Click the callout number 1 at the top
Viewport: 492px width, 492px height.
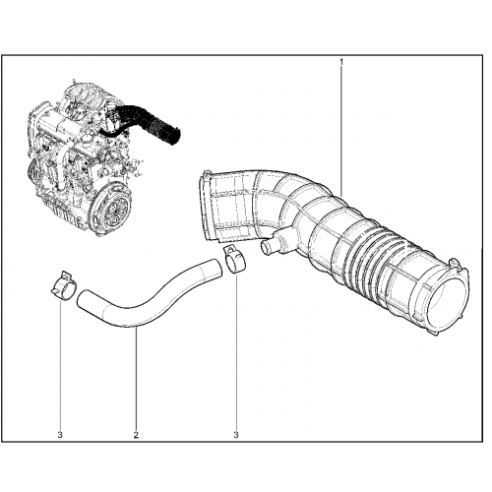coord(341,62)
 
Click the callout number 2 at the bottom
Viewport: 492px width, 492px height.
coord(136,435)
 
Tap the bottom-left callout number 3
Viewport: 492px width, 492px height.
coord(60,435)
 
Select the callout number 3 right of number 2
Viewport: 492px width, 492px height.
coord(236,435)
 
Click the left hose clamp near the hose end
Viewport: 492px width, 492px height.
coord(64,285)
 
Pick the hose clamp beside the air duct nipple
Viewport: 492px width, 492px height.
coord(235,261)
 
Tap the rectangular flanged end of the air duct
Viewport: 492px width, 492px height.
coord(210,207)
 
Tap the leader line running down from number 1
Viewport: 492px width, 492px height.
coord(341,131)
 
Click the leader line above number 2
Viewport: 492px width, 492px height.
coord(136,379)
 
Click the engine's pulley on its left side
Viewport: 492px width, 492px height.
coord(33,170)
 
